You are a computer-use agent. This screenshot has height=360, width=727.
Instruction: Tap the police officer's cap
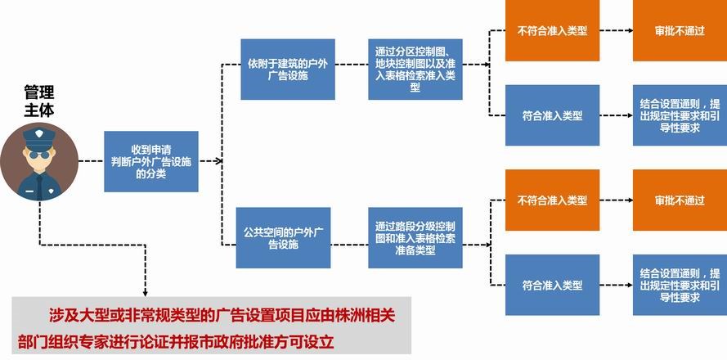(x=38, y=134)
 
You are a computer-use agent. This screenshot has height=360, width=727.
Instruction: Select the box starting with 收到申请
(x=151, y=161)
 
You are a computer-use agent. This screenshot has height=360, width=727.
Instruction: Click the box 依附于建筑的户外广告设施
(x=287, y=70)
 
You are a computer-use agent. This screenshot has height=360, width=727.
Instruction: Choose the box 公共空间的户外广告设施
(x=283, y=237)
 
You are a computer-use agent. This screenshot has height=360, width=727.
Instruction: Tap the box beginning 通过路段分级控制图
(x=415, y=238)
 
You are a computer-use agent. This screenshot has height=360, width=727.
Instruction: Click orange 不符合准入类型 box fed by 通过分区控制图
(x=552, y=31)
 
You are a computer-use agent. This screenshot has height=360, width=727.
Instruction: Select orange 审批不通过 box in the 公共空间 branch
(x=679, y=200)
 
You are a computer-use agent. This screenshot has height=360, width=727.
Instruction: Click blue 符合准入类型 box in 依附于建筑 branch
(x=552, y=115)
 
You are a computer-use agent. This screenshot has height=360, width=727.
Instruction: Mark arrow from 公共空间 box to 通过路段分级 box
(x=349, y=242)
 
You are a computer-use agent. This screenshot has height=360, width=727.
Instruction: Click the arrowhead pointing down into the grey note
(x=145, y=292)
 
